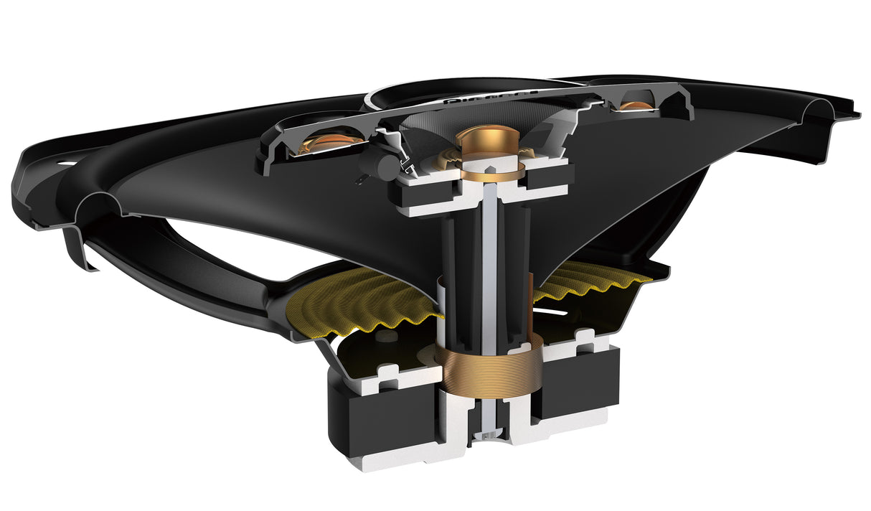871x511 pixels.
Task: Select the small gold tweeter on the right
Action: (x=636, y=106)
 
